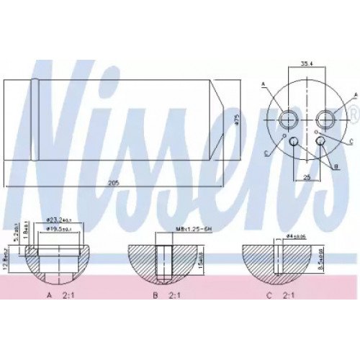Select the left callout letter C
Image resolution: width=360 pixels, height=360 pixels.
pos(267,152)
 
